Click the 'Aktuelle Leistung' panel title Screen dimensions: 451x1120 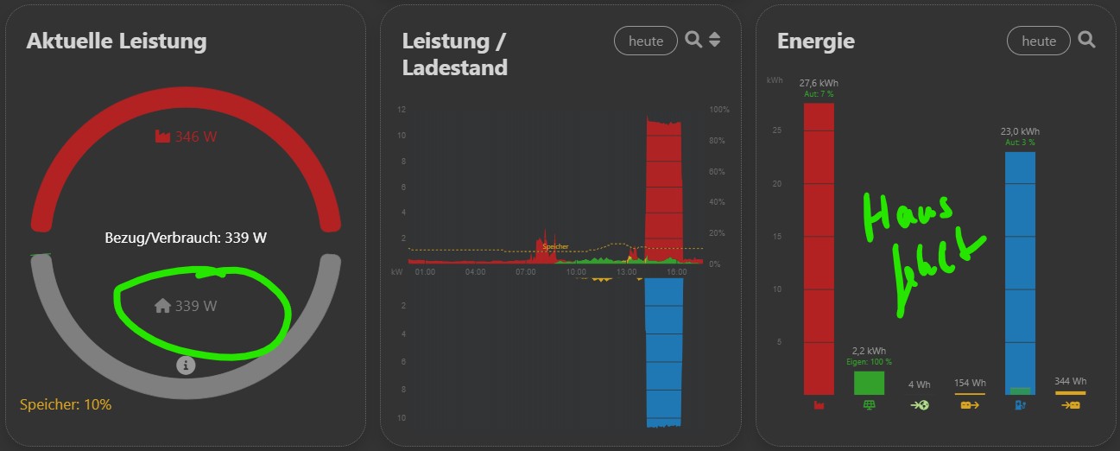coord(117,41)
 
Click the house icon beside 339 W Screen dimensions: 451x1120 coord(162,305)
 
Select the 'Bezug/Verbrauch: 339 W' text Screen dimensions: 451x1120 coord(186,238)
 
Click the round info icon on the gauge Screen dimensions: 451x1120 coord(186,365)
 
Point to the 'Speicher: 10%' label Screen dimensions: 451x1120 coord(66,404)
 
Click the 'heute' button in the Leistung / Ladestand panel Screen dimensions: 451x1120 coord(646,41)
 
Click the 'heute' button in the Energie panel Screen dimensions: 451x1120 coord(1038,41)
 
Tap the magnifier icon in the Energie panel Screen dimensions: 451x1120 coord(1086,40)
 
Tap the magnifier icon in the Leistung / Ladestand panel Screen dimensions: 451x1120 coord(693,40)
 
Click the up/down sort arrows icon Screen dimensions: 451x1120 coord(714,40)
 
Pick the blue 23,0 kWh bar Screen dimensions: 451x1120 coord(1020,272)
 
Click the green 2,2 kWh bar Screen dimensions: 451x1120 coord(869,383)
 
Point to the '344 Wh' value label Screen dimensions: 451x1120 coord(1070,381)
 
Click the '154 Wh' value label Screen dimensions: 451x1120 coord(970,383)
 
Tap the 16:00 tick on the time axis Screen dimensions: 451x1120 coord(677,272)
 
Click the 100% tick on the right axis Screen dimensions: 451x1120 coord(719,111)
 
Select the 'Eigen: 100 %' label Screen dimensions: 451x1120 coord(869,362)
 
